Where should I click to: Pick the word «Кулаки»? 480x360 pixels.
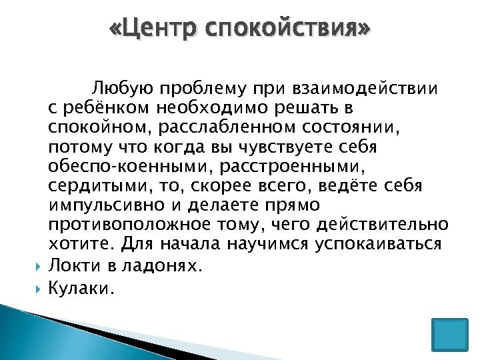click(x=82, y=289)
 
